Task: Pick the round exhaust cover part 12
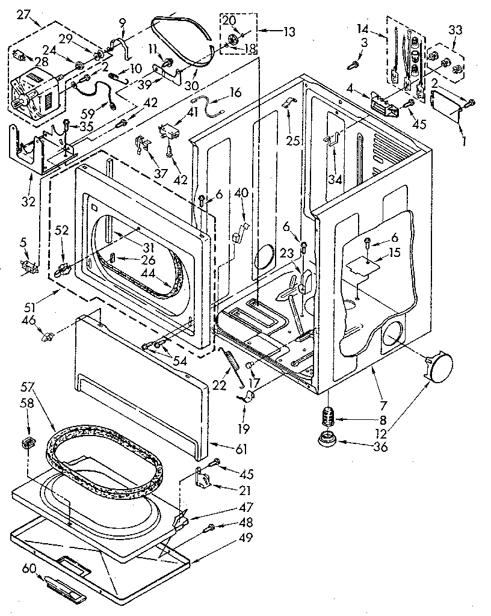(439, 366)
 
